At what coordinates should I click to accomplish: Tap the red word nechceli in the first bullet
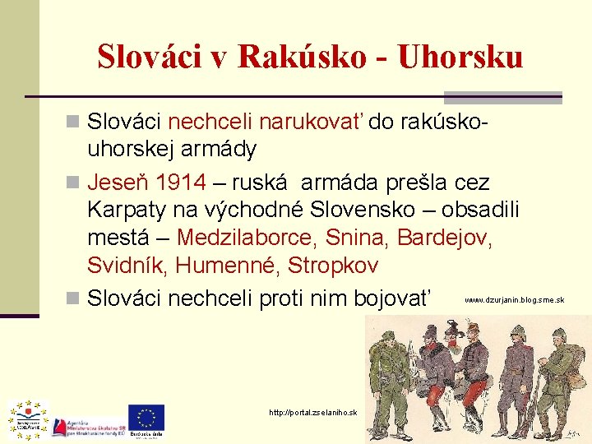point(210,123)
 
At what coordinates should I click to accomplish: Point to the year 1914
point(182,181)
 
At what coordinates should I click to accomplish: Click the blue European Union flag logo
point(146,418)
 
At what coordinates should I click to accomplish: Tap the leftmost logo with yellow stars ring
point(28,418)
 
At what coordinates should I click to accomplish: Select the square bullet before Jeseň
point(73,181)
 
